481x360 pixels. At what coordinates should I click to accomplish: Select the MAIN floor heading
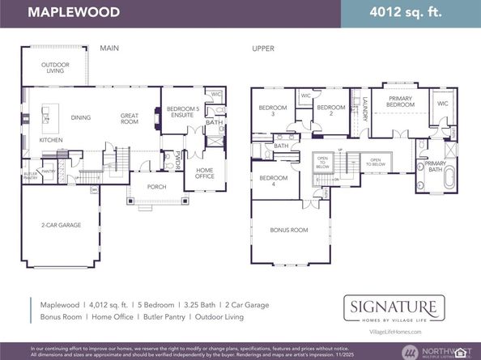click(x=109, y=49)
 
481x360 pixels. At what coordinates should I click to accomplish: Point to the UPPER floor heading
click(x=262, y=49)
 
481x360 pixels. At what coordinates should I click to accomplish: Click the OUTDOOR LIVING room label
click(x=56, y=68)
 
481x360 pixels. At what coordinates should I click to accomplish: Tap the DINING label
click(x=81, y=118)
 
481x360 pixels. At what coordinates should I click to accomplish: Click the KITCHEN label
click(x=51, y=140)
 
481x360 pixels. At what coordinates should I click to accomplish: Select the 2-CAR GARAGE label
click(x=62, y=225)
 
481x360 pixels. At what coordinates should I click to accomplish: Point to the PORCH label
click(x=156, y=186)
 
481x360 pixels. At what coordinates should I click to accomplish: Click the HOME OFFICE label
click(x=205, y=173)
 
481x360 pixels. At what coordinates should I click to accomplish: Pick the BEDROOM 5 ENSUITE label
click(x=182, y=112)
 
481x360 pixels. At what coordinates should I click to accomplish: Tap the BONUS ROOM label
click(x=289, y=230)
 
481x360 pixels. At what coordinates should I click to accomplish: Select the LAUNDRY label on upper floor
click(x=365, y=108)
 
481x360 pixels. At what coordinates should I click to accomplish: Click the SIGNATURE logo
click(x=394, y=307)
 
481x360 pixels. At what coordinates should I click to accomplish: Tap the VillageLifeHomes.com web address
click(x=394, y=332)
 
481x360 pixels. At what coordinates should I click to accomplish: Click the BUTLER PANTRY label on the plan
click(x=31, y=175)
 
